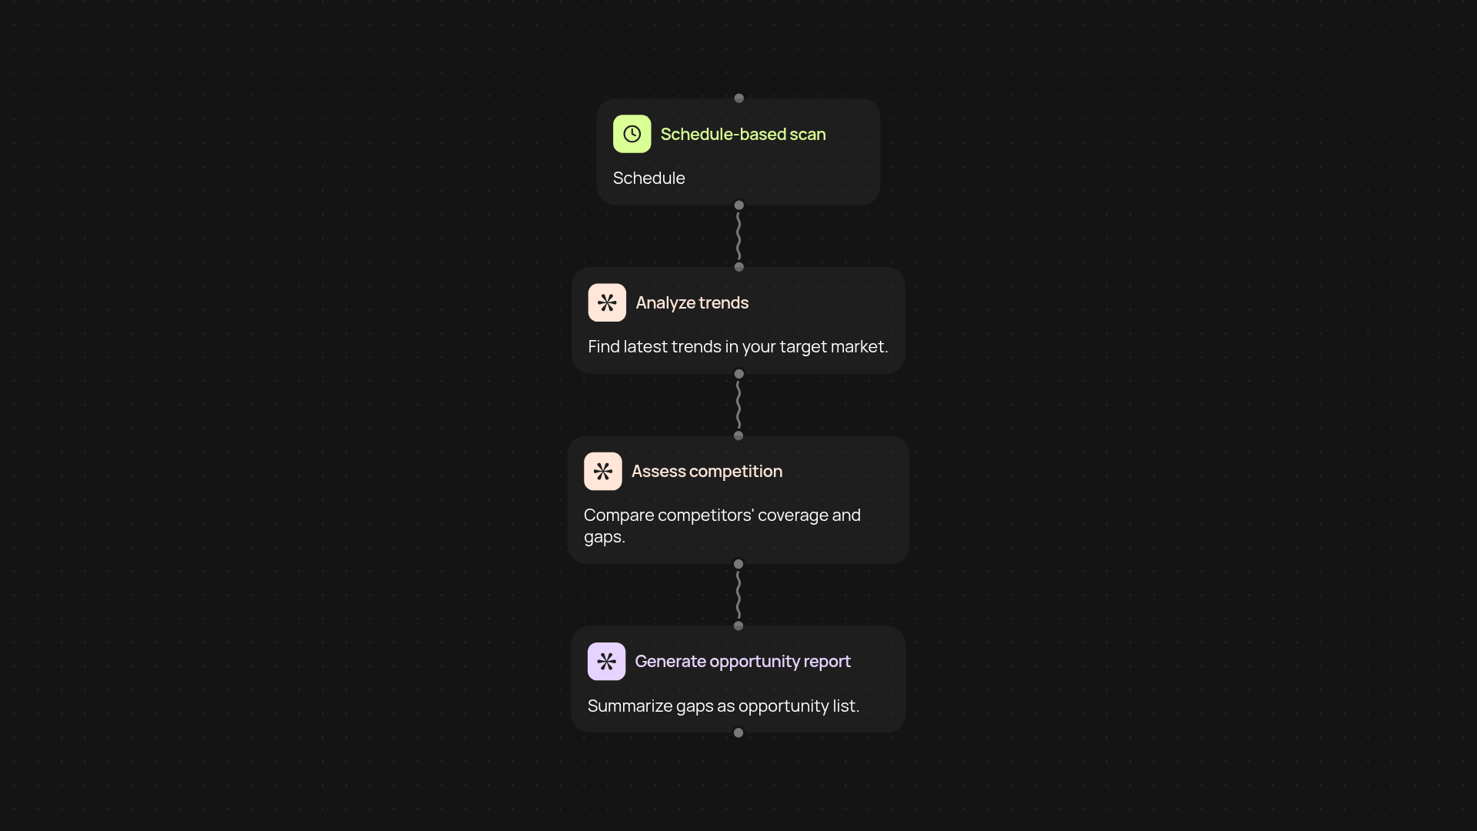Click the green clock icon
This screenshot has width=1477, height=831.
click(632, 134)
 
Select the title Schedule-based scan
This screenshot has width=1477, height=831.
click(743, 134)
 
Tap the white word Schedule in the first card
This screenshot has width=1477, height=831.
click(648, 178)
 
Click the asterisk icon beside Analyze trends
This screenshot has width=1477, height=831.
click(607, 302)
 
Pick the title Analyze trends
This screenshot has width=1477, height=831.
click(692, 303)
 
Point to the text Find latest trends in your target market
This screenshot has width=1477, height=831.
click(738, 347)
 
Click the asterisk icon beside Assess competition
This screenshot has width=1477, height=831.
click(603, 471)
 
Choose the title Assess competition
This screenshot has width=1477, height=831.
click(707, 472)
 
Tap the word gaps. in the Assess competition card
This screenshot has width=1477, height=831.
click(605, 537)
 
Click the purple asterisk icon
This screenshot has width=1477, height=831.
click(606, 661)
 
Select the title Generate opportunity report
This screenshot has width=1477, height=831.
click(742, 662)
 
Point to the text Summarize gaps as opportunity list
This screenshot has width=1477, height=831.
click(723, 706)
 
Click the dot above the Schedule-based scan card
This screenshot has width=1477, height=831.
click(739, 98)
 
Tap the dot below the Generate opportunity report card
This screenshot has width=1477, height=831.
click(738, 733)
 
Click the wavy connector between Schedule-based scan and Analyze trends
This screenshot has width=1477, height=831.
click(738, 236)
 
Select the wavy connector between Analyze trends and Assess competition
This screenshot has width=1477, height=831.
click(738, 405)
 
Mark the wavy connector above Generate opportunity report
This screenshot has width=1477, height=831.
click(738, 595)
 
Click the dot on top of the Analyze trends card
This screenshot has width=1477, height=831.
click(739, 267)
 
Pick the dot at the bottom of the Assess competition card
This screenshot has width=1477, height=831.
click(738, 564)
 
